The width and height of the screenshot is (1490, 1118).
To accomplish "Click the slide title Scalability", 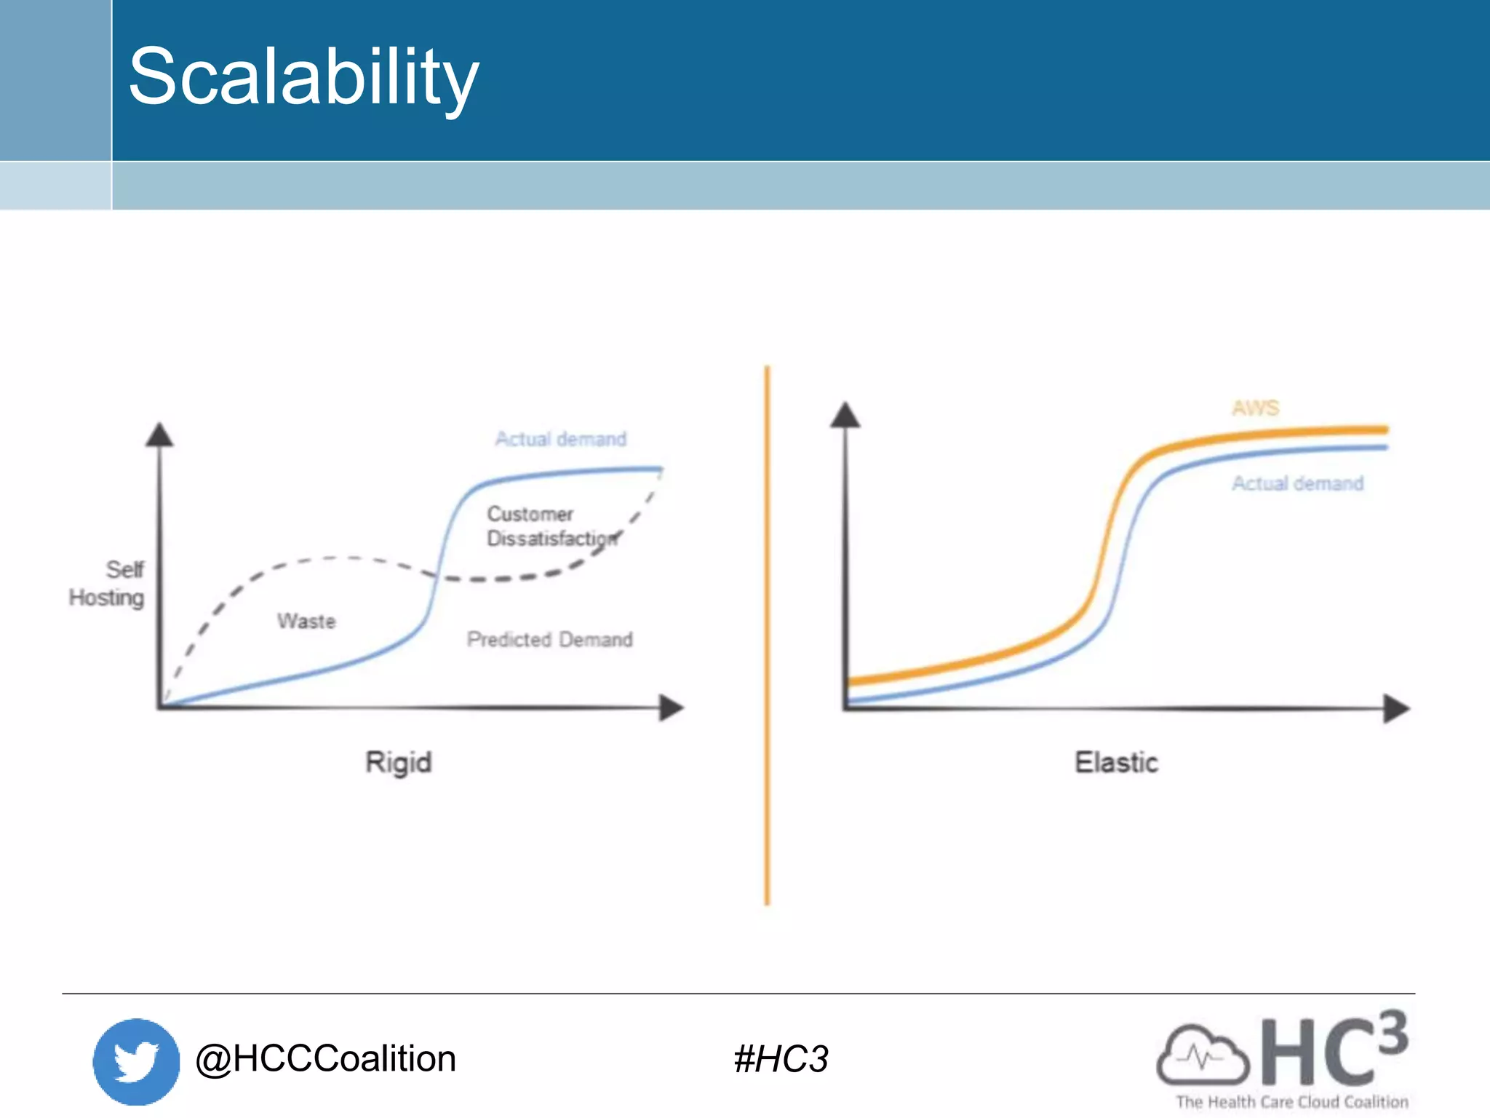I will (303, 77).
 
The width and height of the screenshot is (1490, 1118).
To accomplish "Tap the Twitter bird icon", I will (136, 1060).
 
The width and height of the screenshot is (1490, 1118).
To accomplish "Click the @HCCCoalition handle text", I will (325, 1058).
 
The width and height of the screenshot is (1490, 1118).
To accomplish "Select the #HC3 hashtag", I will (781, 1059).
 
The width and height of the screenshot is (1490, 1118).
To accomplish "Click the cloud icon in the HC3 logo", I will (1202, 1055).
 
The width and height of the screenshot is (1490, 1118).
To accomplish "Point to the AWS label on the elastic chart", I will (1255, 408).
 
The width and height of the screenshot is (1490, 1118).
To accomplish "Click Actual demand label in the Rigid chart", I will (560, 439).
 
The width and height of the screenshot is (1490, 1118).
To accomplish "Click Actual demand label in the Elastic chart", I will (1297, 483).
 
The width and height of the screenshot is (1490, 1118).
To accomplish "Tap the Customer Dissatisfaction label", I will (551, 526).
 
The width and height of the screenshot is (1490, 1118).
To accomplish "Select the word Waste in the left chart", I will (306, 621).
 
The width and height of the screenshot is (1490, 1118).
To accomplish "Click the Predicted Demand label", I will (549, 639).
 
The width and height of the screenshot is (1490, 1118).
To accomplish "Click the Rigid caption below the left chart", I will (399, 762).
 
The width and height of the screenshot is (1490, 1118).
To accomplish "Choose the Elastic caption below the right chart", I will (1116, 762).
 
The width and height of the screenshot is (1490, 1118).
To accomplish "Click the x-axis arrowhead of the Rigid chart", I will (671, 707).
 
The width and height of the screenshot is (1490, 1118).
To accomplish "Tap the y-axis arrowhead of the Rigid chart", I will (159, 435).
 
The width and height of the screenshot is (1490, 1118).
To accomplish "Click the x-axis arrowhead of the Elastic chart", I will (1395, 708).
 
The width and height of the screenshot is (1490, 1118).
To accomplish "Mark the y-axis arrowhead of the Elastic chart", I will (845, 415).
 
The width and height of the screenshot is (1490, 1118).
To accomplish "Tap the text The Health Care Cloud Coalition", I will (1291, 1102).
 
